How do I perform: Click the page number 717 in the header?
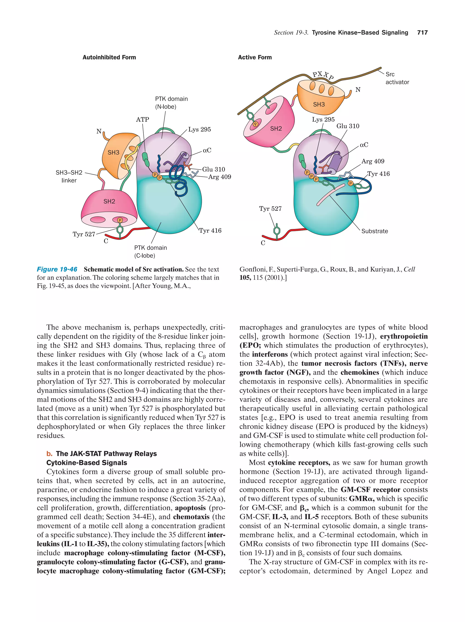click(422, 33)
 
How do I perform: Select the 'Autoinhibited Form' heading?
click(109, 57)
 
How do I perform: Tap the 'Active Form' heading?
click(255, 57)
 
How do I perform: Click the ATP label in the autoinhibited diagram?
click(142, 120)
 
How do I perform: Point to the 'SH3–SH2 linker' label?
click(69, 176)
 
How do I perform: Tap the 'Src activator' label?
click(397, 78)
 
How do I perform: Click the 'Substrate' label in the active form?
click(374, 231)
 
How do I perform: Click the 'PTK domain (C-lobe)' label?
click(150, 252)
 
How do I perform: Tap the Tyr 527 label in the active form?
click(270, 209)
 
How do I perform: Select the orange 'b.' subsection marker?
click(49, 454)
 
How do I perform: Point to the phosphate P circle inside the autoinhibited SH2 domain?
click(120, 220)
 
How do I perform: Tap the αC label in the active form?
click(364, 145)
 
